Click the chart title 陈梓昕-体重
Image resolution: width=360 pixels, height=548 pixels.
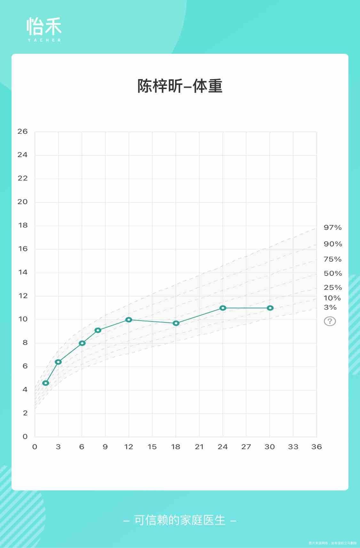tap(180, 86)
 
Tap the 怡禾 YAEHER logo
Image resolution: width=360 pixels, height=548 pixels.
tap(44, 29)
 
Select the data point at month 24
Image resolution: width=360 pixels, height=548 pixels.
tap(223, 308)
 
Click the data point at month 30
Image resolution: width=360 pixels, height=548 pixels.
tap(270, 308)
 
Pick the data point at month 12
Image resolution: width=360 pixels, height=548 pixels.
tap(129, 320)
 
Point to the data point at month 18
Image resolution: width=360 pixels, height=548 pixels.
tap(176, 323)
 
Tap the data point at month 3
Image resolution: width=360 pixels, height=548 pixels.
tap(58, 362)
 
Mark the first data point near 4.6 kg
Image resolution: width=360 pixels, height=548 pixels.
tap(46, 383)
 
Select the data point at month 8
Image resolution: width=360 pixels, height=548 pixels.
tap(98, 330)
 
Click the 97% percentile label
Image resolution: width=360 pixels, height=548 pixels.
tap(332, 228)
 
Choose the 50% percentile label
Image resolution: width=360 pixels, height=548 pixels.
tap(332, 274)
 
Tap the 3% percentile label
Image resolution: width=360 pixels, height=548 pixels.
tap(330, 307)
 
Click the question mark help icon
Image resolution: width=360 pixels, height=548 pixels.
tap(330, 321)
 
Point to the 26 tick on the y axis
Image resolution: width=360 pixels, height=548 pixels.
tap(22, 131)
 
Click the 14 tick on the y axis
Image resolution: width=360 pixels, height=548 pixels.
tap(22, 273)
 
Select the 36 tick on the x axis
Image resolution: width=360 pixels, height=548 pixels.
tap(316, 447)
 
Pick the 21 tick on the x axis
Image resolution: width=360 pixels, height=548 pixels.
tap(199, 447)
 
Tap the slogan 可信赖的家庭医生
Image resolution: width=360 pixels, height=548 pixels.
tap(180, 520)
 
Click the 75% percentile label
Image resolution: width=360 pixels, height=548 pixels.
tap(332, 259)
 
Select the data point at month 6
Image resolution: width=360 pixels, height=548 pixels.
tap(82, 343)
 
